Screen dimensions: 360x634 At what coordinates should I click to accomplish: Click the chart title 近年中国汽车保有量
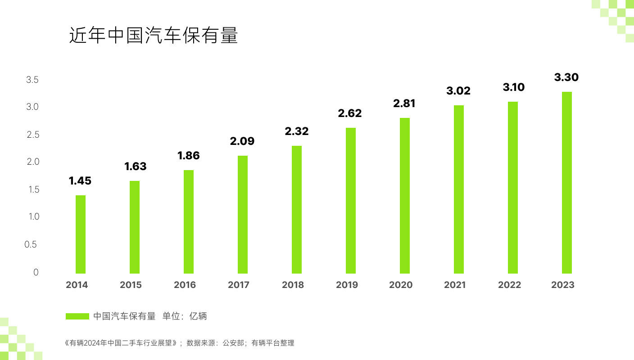(153, 36)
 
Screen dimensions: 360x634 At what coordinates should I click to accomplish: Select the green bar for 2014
(81, 234)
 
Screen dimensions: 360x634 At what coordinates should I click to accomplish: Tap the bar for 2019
(351, 201)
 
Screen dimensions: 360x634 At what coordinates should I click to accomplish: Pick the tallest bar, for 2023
(567, 183)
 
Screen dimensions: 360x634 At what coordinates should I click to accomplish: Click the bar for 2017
(243, 215)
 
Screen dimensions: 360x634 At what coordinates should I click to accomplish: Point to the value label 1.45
(80, 181)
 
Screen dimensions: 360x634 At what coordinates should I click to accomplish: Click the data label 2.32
(296, 131)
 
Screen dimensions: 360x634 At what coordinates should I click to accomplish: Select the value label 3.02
(458, 91)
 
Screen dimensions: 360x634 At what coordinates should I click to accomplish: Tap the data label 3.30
(566, 77)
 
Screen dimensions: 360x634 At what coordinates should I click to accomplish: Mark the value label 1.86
(188, 156)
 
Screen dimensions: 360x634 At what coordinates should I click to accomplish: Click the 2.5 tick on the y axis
(33, 135)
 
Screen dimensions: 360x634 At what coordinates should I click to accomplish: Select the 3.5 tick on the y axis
(32, 80)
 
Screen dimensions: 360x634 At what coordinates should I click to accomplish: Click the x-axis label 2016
(185, 285)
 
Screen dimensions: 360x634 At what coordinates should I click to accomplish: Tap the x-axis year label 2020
(401, 285)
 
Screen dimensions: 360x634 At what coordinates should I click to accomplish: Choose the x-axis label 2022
(509, 285)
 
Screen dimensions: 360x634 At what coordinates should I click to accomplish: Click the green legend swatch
(77, 316)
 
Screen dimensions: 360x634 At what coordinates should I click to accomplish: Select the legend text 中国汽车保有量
(124, 316)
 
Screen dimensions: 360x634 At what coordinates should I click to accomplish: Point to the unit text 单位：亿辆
(185, 316)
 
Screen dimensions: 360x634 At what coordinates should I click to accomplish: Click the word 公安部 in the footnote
(233, 343)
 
